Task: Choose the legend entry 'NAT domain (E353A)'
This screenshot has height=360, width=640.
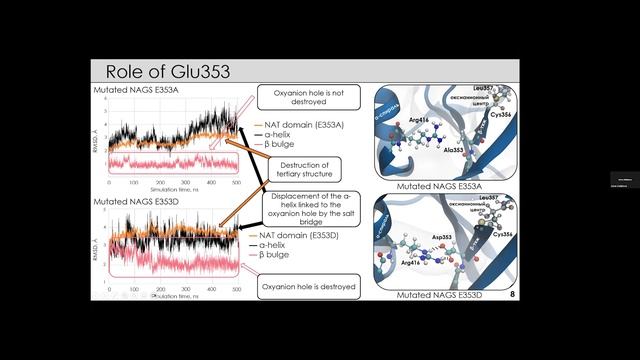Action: click(x=301, y=124)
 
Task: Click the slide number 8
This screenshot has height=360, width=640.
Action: click(x=512, y=294)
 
